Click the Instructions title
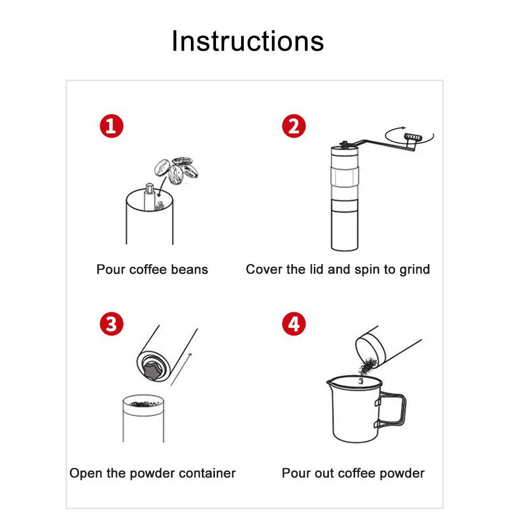tap(247, 41)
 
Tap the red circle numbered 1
tap(111, 126)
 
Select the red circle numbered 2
tap(293, 126)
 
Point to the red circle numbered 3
tap(111, 324)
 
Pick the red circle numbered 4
tap(293, 324)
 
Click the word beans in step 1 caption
tap(189, 269)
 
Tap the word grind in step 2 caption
tap(414, 269)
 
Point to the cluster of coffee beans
tap(176, 170)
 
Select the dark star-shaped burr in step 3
tap(153, 370)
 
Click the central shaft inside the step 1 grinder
tap(149, 197)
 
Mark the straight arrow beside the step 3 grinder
tap(181, 369)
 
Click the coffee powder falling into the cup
tap(368, 366)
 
